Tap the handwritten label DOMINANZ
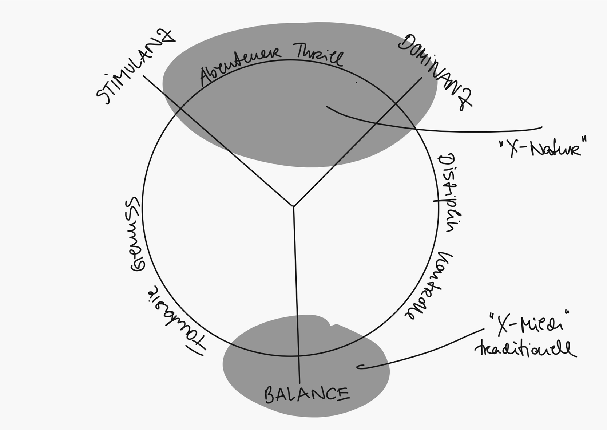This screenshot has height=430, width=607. click(435, 71)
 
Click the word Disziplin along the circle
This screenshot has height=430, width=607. click(446, 193)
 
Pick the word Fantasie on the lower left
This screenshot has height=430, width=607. click(175, 320)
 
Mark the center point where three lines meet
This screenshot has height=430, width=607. click(293, 207)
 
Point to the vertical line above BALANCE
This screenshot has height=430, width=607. click(296, 291)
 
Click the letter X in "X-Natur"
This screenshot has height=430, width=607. click(514, 148)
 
